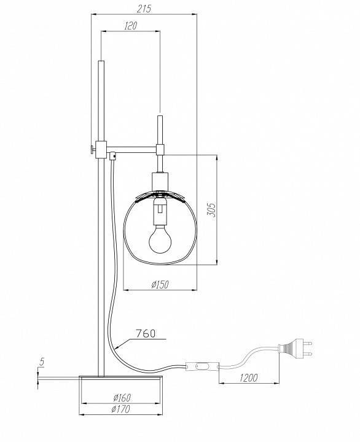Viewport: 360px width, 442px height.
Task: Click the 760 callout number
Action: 146,334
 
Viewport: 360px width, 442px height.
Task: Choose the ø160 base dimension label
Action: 123,397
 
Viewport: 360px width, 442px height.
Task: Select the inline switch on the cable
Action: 202,368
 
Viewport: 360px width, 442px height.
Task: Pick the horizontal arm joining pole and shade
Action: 132,148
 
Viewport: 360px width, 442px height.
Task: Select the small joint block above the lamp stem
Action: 160,149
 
